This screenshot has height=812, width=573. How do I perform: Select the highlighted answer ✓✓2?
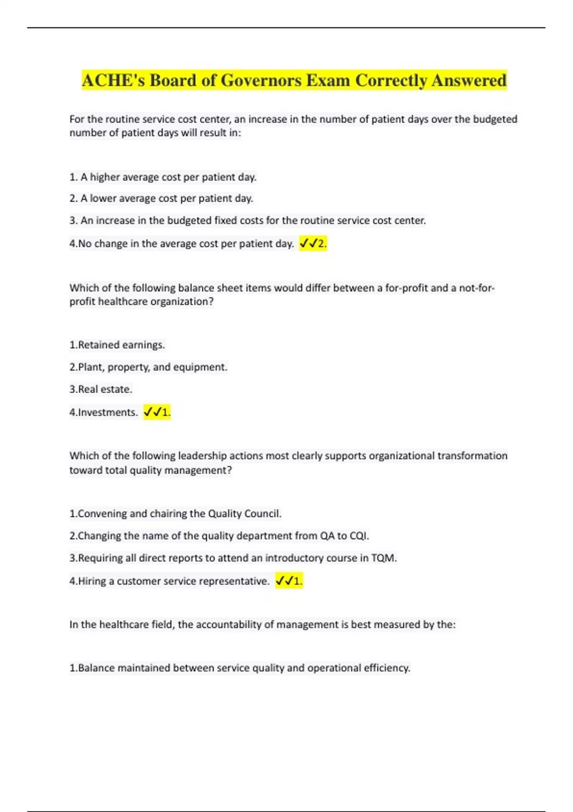tap(313, 244)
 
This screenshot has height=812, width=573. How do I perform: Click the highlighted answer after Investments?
tap(157, 412)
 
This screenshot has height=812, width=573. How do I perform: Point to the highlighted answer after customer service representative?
tap(289, 581)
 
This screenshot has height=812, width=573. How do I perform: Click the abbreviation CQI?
tap(359, 536)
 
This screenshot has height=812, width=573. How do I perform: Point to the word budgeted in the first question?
tap(495, 119)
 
